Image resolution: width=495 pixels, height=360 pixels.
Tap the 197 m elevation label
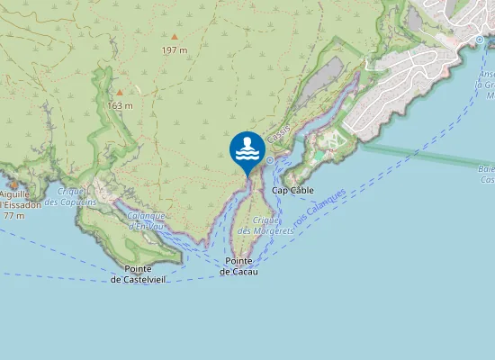pyautogui.click(x=175, y=50)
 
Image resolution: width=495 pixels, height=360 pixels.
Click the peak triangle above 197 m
pyautogui.click(x=174, y=37)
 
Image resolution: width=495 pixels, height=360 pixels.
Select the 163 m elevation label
pyautogui.click(x=120, y=105)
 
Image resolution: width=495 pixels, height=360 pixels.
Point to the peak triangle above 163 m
pyautogui.click(x=119, y=92)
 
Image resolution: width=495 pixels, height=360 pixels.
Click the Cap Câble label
pyautogui.click(x=292, y=191)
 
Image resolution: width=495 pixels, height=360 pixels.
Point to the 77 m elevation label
pyautogui.click(x=13, y=216)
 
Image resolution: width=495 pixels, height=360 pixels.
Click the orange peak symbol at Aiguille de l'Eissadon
pyautogui.click(x=13, y=184)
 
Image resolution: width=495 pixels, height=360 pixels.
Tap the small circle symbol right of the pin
pyautogui.click(x=270, y=159)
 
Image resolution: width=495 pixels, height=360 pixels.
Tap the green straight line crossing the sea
pyautogui.click(x=423, y=156)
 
